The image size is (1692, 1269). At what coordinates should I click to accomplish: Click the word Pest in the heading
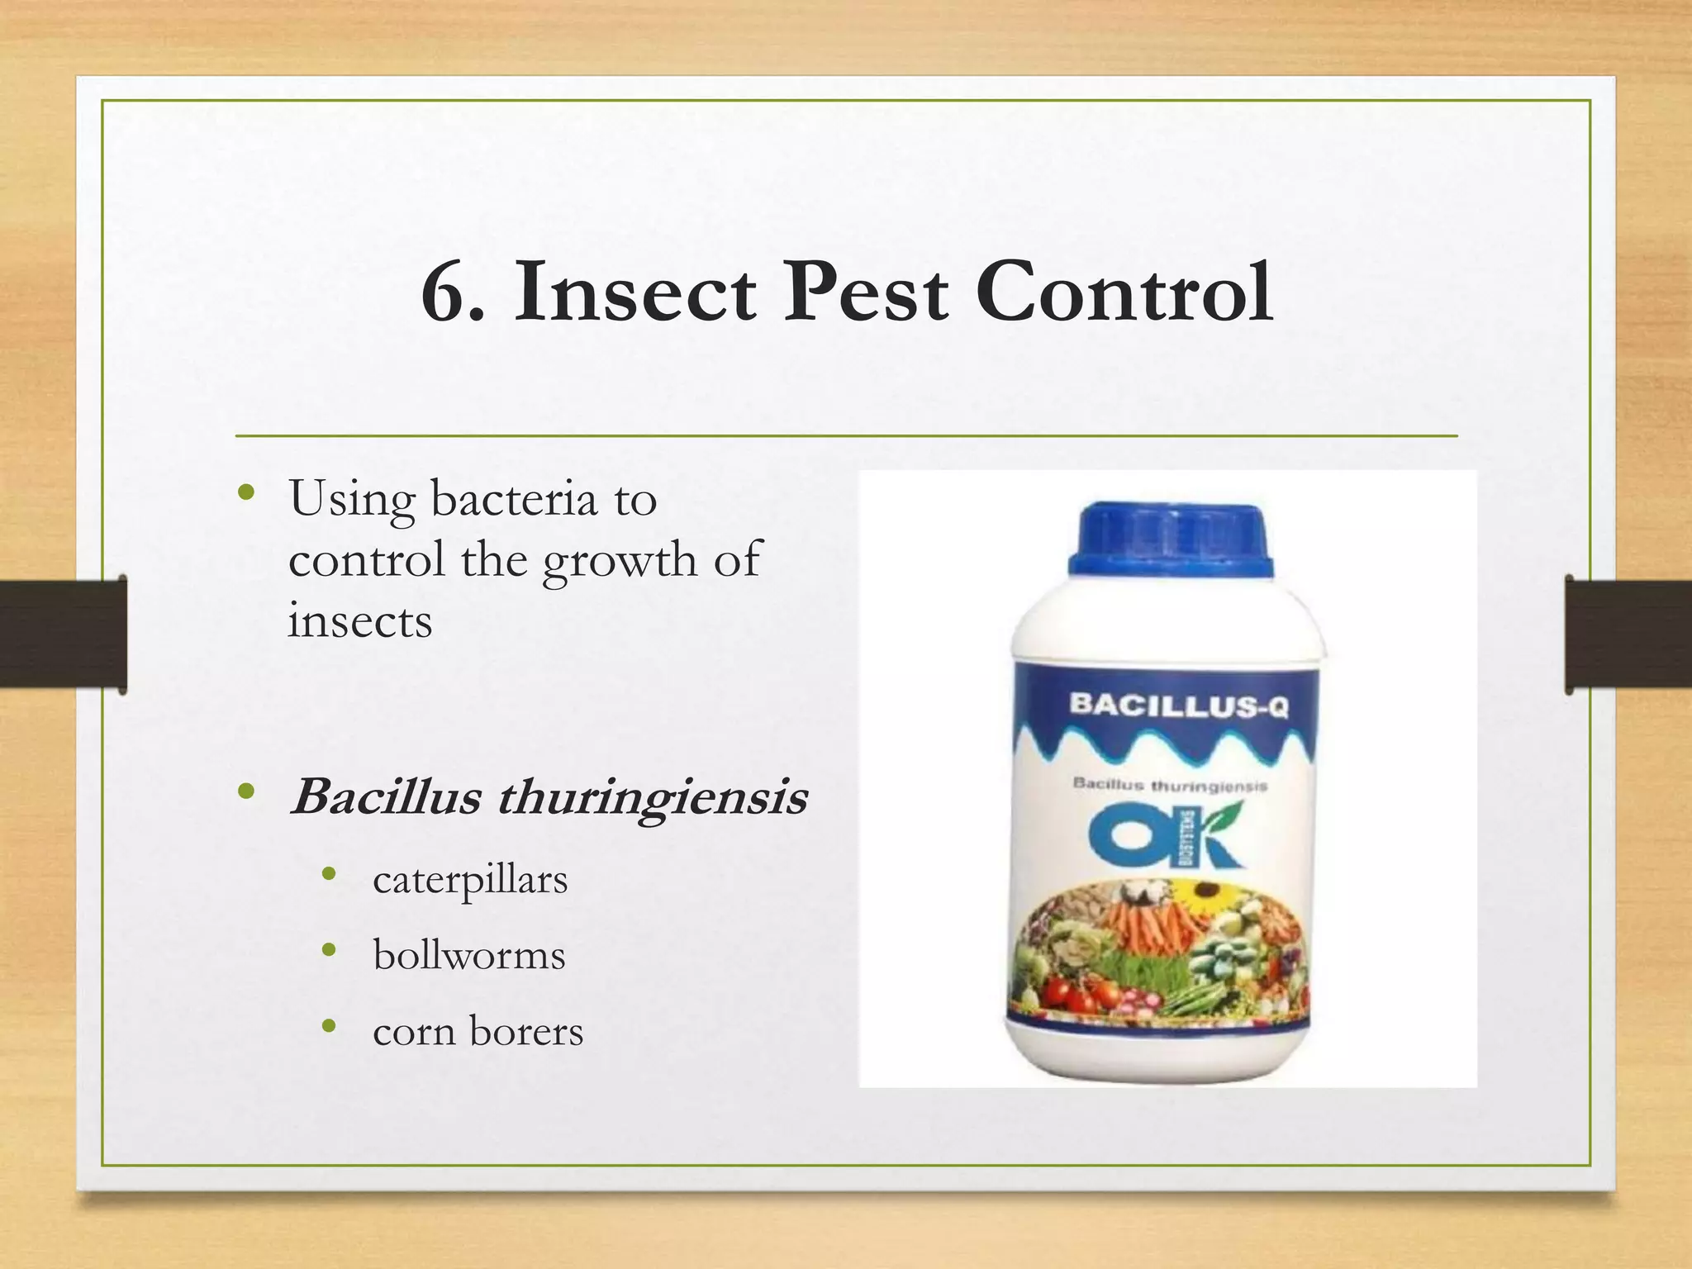[865, 293]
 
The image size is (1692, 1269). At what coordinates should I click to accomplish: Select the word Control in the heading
[1124, 293]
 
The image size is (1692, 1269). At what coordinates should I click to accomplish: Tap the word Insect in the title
[634, 293]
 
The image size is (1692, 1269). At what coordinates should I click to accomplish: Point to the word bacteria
[513, 500]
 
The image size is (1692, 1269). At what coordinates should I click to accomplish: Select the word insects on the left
[359, 621]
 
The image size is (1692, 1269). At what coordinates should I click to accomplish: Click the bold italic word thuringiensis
[652, 798]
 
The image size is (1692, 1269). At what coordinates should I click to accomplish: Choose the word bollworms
[469, 956]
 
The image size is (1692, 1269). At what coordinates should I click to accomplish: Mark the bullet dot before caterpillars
[329, 875]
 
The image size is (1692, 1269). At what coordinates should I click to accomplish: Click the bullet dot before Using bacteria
[245, 493]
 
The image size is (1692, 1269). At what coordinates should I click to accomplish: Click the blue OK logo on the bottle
[1165, 836]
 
